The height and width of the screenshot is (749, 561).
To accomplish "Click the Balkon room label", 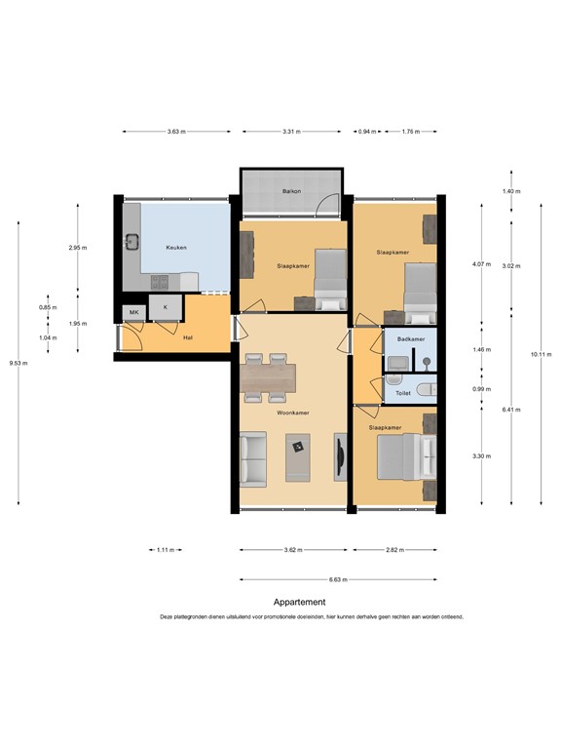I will coord(292,191).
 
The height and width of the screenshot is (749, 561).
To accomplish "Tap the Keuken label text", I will coord(176,248).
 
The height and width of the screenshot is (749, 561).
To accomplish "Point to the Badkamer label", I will coord(411,339).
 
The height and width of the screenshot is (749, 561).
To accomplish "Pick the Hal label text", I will coord(188,338).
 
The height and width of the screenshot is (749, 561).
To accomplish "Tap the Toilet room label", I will coord(402,394).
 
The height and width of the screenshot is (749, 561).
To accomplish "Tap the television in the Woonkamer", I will coord(339,456).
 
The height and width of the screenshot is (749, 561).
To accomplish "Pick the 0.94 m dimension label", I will coord(367,131).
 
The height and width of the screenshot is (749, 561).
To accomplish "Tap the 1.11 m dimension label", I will coord(165,550).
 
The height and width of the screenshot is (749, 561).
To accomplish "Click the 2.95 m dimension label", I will coord(77,248).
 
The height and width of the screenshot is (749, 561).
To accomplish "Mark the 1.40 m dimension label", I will coord(511,191).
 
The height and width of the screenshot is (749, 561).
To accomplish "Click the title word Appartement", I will coord(299,603).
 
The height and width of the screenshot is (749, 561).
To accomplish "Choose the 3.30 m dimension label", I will coord(479,456).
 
